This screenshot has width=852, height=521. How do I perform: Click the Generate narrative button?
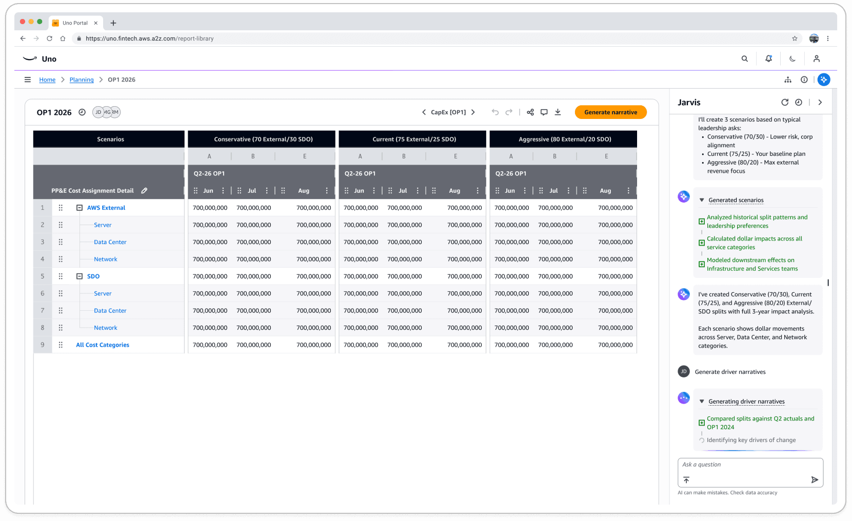tap(610, 112)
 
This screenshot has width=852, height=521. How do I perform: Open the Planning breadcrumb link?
tap(82, 80)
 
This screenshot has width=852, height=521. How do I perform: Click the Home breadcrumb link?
tap(47, 80)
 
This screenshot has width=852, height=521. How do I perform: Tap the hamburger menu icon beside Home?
tap(28, 79)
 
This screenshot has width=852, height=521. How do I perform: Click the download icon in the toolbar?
tap(558, 112)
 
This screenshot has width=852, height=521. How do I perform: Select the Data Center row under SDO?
tap(110, 311)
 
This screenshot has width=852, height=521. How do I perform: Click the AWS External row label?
tap(106, 208)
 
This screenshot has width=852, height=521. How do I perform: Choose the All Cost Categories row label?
tap(103, 345)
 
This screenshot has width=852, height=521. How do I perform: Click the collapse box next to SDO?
tap(80, 276)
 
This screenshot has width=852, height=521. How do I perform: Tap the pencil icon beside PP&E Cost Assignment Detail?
tap(145, 191)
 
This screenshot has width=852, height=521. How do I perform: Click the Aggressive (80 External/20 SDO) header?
tap(564, 139)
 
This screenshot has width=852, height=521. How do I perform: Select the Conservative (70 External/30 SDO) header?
tap(263, 139)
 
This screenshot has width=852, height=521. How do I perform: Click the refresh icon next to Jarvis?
tap(784, 103)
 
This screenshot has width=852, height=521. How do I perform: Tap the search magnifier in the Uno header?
tap(744, 59)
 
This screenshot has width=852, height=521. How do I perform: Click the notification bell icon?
tap(768, 59)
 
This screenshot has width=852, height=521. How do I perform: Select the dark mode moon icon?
tap(792, 59)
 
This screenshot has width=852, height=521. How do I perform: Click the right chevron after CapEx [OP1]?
tap(473, 112)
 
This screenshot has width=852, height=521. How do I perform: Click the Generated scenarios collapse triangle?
tap(702, 200)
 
